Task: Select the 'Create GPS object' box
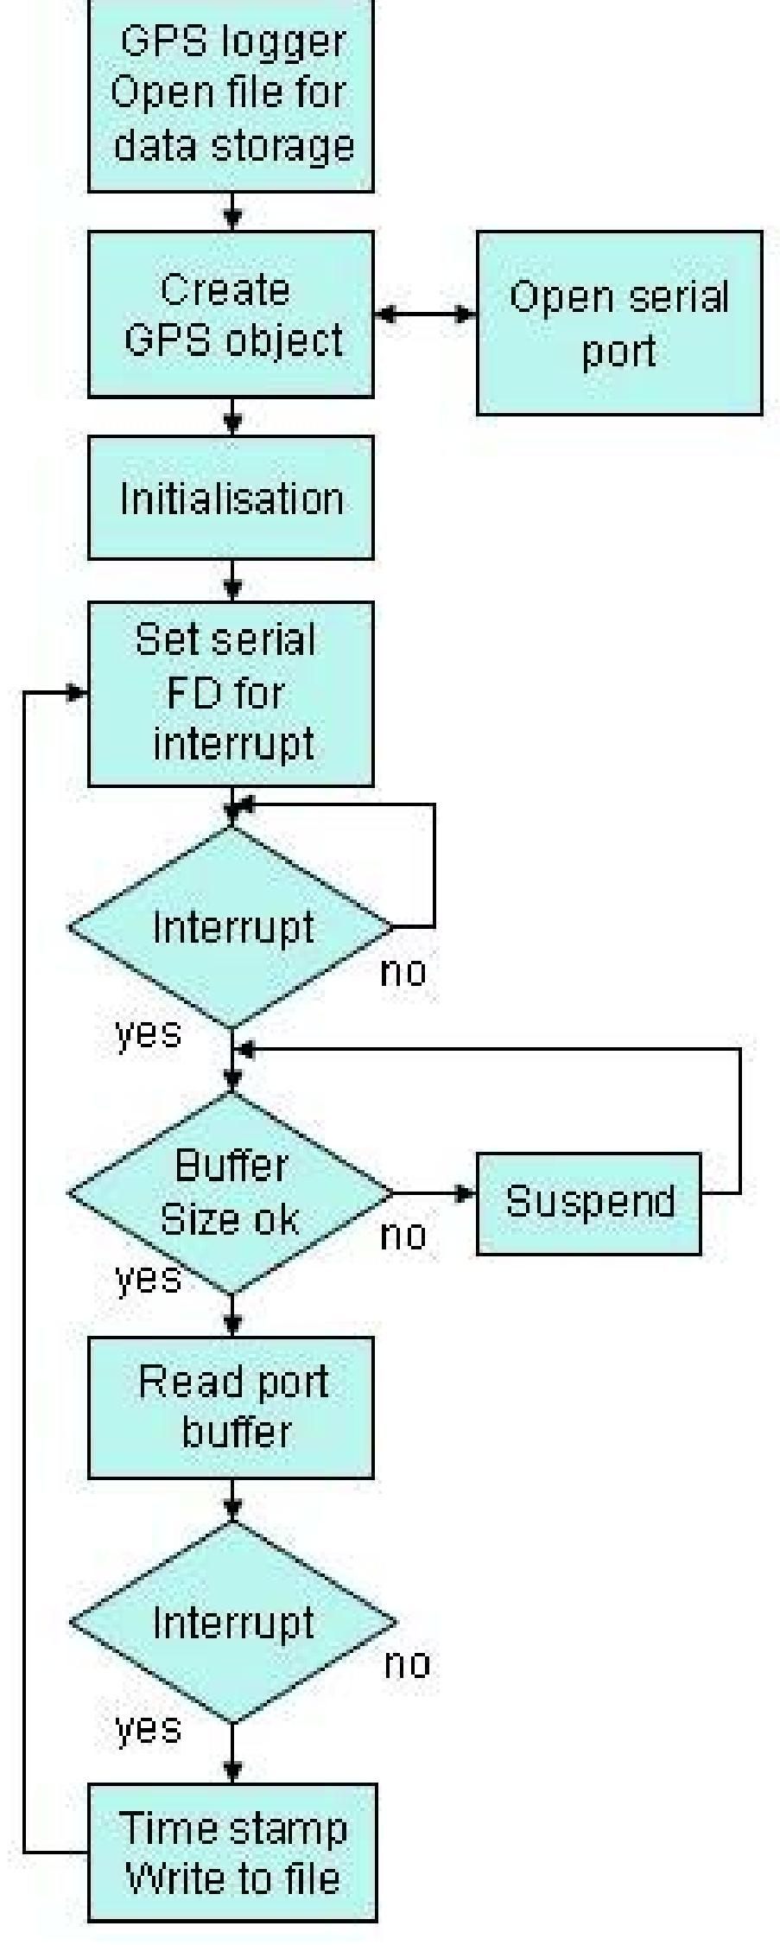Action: pyautogui.click(x=231, y=314)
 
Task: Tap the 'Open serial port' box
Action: pyautogui.click(x=618, y=322)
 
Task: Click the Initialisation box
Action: pyautogui.click(x=231, y=498)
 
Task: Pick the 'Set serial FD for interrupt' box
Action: pyautogui.click(x=231, y=693)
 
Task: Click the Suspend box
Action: pyautogui.click(x=588, y=1202)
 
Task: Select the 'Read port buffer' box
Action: pyautogui.click(x=231, y=1407)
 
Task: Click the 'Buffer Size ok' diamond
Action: pyautogui.click(x=231, y=1192)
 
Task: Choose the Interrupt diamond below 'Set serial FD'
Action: pyautogui.click(x=231, y=927)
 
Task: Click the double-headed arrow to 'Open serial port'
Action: pyautogui.click(x=425, y=314)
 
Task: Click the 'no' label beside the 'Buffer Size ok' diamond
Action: pyautogui.click(x=403, y=1236)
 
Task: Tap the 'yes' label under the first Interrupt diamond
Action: pyautogui.click(x=148, y=1033)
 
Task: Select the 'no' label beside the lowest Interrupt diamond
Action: pyautogui.click(x=406, y=1663)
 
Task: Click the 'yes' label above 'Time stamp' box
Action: pyautogui.click(x=148, y=1728)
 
